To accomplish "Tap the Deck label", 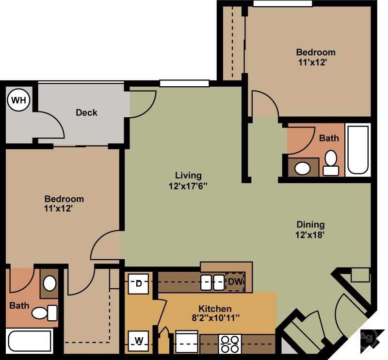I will click(86, 112).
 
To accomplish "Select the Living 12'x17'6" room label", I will click(188, 180).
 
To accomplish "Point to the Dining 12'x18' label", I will click(310, 229).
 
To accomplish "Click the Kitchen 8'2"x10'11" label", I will click(214, 313).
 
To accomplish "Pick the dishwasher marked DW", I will click(235, 282).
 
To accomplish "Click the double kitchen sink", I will click(212, 282).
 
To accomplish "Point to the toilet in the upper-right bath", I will click(331, 163).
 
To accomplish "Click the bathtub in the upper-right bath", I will click(358, 149).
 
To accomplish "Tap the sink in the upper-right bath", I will click(303, 168).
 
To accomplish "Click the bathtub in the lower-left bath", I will click(30, 341).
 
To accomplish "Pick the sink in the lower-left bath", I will click(49, 283).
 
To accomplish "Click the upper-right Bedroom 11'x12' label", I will click(316, 57).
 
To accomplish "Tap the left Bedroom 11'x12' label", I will click(64, 203).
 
